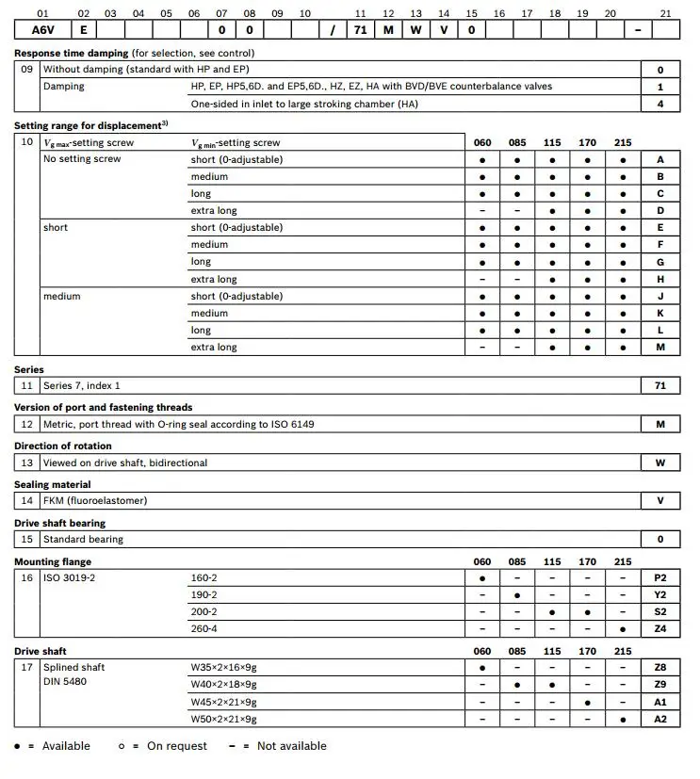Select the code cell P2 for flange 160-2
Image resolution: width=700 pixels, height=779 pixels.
point(660,577)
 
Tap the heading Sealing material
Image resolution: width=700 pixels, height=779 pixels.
point(52,484)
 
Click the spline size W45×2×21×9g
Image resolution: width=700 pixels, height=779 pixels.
point(223,702)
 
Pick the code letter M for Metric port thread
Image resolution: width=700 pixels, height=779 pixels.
point(660,424)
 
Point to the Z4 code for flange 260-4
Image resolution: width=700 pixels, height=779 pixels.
point(660,628)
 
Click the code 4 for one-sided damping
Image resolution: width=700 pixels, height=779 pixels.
point(660,104)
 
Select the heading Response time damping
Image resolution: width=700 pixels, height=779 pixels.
point(72,53)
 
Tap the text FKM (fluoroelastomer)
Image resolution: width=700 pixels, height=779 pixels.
point(95,500)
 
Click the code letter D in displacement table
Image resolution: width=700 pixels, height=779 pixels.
point(660,211)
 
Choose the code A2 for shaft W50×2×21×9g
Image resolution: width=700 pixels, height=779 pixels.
point(660,719)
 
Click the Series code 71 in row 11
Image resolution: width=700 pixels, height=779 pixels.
point(660,385)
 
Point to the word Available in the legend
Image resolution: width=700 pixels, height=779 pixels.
point(66,746)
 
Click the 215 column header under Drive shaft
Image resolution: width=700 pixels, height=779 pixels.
point(623,651)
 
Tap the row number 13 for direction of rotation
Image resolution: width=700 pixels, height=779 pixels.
point(27,463)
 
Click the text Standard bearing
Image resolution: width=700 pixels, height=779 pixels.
point(83,539)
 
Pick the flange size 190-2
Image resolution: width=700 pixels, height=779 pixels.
point(203,594)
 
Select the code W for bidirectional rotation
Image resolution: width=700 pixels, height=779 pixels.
point(660,463)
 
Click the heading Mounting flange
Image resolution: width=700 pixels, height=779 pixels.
point(53,561)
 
